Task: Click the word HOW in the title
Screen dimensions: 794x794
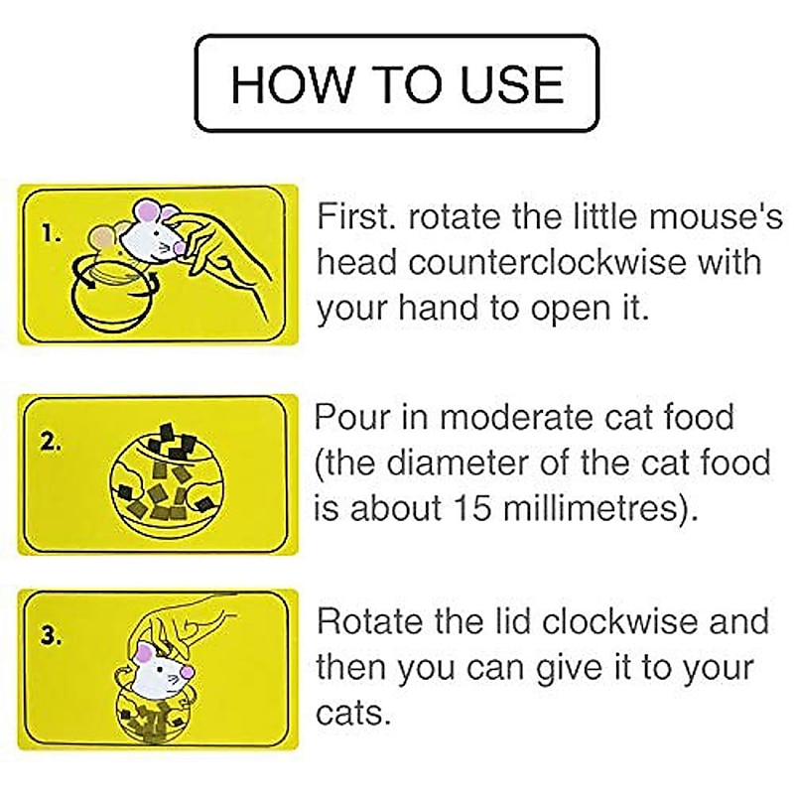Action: (290, 83)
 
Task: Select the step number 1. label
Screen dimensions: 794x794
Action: (52, 234)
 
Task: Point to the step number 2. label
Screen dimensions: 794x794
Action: (52, 442)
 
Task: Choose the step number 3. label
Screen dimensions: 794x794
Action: (52, 636)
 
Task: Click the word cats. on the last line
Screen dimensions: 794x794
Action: (353, 713)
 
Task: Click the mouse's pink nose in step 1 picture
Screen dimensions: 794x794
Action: (179, 247)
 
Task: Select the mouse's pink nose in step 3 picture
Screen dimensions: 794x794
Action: (187, 672)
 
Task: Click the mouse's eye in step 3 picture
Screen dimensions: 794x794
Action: (162, 669)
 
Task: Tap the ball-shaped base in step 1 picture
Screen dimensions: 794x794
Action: (111, 303)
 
